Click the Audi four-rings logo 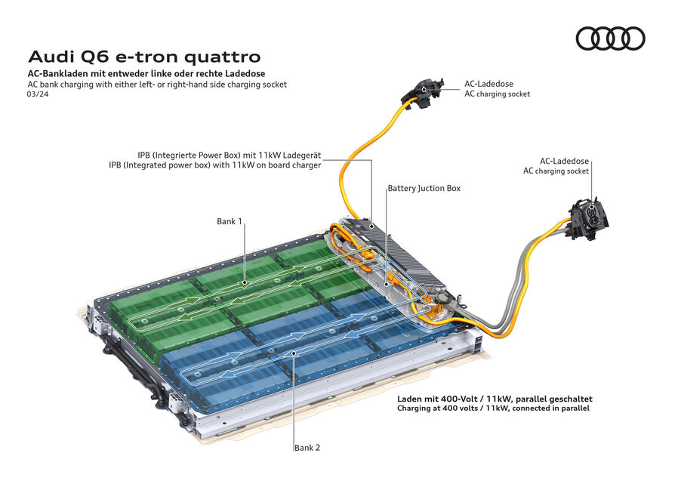[610, 38]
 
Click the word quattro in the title [223, 57]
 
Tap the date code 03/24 [38, 94]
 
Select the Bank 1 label [229, 221]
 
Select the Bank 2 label [307, 447]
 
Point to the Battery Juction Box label [424, 188]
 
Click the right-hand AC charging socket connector [589, 217]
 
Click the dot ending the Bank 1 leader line [245, 282]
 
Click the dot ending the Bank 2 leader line [294, 353]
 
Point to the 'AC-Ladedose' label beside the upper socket [488, 83]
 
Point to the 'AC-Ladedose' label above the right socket [564, 161]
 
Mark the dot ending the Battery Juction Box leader [387, 284]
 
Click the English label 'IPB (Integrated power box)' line [215, 165]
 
